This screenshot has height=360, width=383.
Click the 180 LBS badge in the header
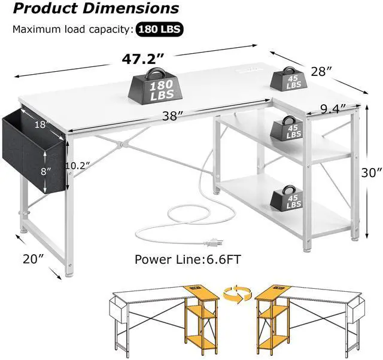160,29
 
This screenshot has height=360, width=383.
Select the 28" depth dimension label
323,72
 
